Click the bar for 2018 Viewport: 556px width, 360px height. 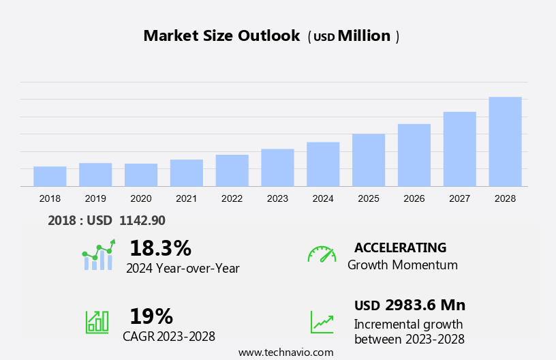click(x=50, y=176)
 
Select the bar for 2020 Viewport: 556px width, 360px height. click(x=141, y=175)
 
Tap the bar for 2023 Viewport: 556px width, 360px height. click(x=277, y=167)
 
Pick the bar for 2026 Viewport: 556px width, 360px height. click(x=414, y=155)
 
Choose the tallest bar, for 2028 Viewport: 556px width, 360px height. click(x=505, y=141)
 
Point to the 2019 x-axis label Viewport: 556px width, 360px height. click(x=95, y=198)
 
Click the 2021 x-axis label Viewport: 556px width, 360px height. click(x=186, y=198)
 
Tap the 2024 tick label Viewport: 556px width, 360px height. click(x=323, y=198)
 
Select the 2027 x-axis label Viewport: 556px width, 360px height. click(x=460, y=198)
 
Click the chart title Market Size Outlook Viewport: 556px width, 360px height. click(x=221, y=36)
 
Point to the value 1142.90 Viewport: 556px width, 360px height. click(x=142, y=220)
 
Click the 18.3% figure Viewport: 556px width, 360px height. click(x=160, y=248)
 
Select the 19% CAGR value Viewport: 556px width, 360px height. click(x=151, y=316)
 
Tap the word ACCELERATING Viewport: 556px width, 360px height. click(x=400, y=247)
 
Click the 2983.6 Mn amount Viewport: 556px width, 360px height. click(x=425, y=305)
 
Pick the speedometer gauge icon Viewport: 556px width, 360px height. click(x=322, y=254)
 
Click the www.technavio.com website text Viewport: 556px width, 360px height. click(x=285, y=352)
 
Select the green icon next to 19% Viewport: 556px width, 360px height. click(x=97, y=322)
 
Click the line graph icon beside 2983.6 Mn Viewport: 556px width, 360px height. click(x=322, y=322)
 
